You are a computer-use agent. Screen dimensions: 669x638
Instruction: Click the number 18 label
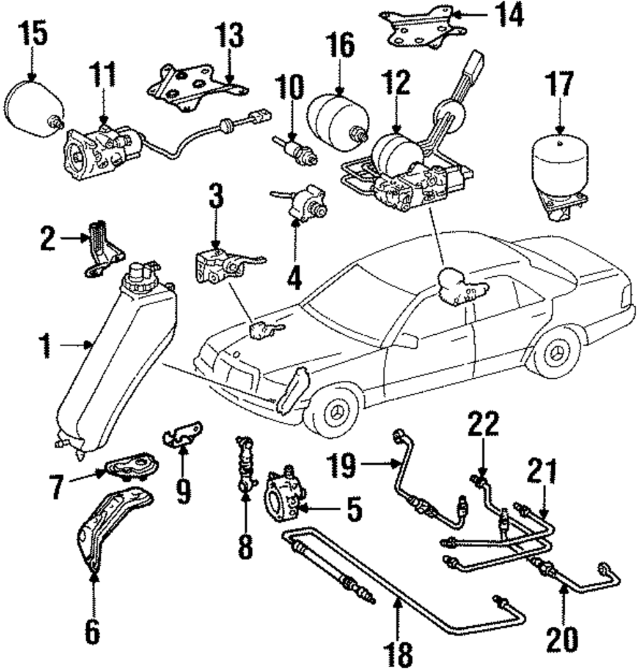point(397,652)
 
